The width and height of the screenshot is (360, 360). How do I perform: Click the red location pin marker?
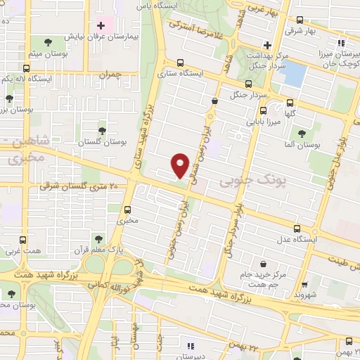181,165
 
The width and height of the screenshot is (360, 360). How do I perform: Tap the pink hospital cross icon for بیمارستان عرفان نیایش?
102,26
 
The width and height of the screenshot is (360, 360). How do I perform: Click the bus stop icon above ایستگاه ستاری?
181,62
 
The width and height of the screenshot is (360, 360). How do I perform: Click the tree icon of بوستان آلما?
302,132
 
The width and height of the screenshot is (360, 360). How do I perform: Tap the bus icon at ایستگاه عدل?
297,229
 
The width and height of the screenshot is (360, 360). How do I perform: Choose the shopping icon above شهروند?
304,286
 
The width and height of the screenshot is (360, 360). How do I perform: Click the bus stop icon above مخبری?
127,209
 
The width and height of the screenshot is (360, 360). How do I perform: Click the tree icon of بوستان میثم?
46,42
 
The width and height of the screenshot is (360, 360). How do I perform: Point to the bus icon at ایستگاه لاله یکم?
27,68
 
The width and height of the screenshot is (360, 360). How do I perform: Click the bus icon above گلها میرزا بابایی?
263,110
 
